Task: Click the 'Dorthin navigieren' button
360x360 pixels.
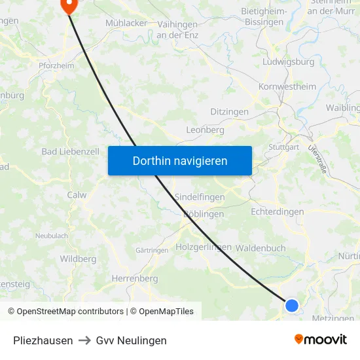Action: click(x=180, y=160)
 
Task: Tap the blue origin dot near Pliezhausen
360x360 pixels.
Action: click(x=292, y=305)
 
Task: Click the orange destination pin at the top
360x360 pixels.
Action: click(x=69, y=5)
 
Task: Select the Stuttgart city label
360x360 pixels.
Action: click(x=283, y=147)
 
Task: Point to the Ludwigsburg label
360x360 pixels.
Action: click(x=288, y=62)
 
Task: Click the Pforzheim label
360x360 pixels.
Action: click(x=56, y=65)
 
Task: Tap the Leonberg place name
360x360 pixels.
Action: click(x=205, y=130)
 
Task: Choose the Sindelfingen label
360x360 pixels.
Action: click(x=200, y=197)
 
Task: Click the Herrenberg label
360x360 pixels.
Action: click(x=135, y=278)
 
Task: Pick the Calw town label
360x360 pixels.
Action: click(x=77, y=194)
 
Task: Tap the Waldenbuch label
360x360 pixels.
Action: click(x=261, y=248)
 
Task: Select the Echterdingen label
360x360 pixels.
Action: click(x=278, y=211)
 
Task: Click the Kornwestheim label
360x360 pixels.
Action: click(x=287, y=86)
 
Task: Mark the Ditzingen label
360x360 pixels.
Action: click(x=229, y=112)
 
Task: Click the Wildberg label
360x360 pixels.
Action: click(x=78, y=259)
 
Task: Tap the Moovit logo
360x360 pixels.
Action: click(x=320, y=340)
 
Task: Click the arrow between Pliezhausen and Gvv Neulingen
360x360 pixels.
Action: click(x=84, y=340)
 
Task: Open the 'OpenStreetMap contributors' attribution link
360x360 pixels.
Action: click(x=70, y=312)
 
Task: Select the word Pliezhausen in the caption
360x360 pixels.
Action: click(x=43, y=340)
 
